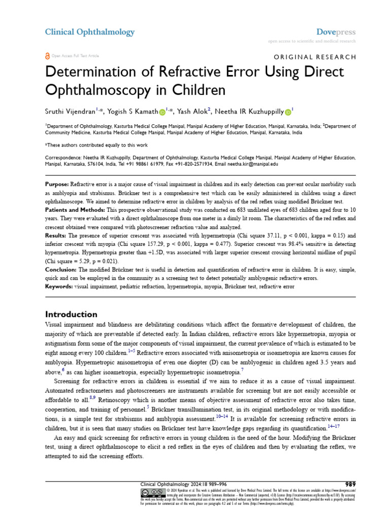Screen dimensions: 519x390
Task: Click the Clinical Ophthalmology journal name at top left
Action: [x=90, y=32]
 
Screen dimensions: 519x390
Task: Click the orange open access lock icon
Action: [x=48, y=56]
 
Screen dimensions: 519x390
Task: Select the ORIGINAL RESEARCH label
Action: [x=315, y=57]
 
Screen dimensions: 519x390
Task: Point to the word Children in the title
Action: [x=197, y=90]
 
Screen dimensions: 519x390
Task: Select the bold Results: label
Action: [x=56, y=236]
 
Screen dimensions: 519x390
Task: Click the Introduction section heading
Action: [x=71, y=314]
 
